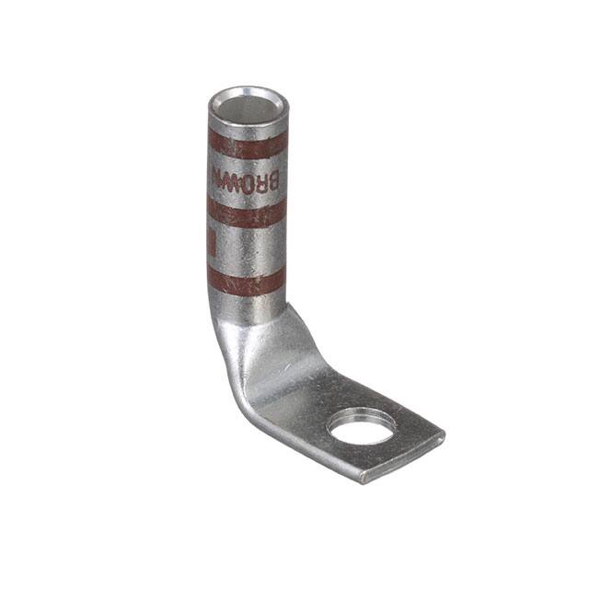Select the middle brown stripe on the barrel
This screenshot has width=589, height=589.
pyautogui.click(x=246, y=213)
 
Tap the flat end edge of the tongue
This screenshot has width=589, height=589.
pyautogui.click(x=405, y=457)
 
